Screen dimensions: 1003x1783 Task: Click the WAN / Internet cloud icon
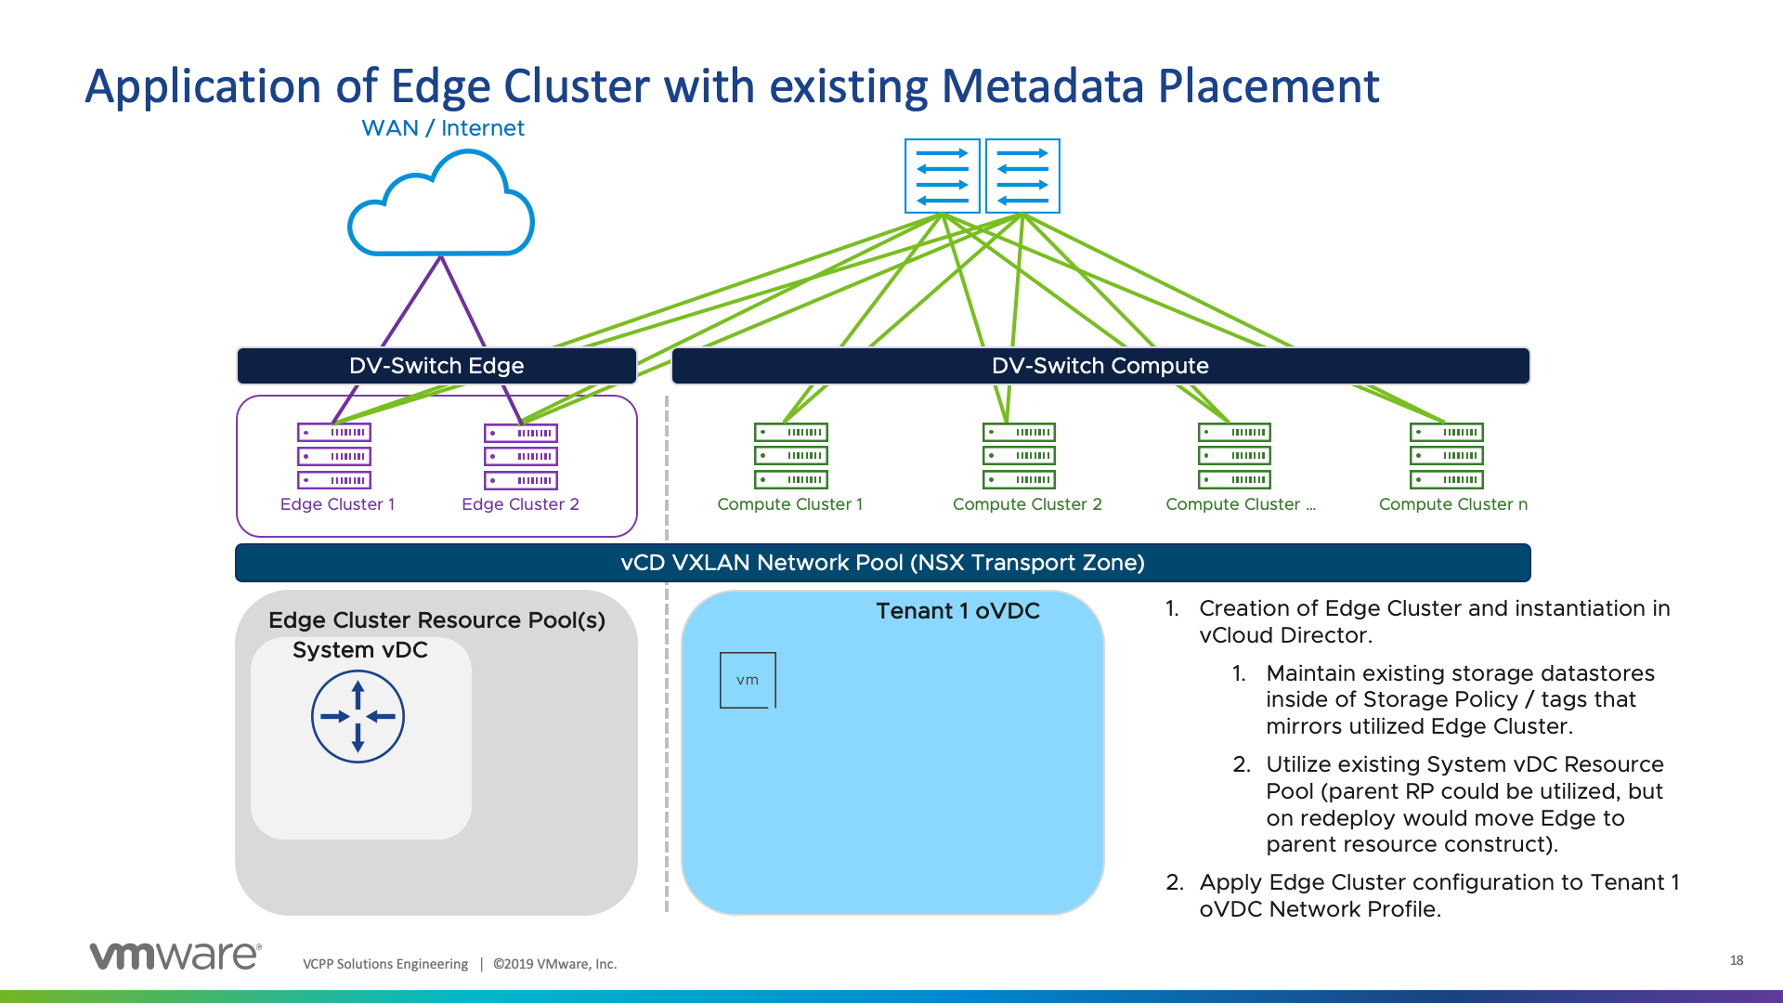point(441,206)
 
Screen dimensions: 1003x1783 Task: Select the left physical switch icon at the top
point(943,176)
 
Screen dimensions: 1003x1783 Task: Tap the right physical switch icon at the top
point(1022,176)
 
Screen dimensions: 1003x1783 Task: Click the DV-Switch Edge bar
point(436,366)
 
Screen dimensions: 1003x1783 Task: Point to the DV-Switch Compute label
point(1100,366)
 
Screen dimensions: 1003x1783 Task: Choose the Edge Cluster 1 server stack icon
point(334,456)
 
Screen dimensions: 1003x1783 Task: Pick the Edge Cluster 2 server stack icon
point(521,457)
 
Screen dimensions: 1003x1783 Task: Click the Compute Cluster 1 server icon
point(791,456)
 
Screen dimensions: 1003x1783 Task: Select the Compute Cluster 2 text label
point(1027,504)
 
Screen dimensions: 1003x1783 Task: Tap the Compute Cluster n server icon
point(1447,456)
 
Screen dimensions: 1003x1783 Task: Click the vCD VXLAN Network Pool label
point(882,563)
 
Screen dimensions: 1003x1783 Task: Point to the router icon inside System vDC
point(358,717)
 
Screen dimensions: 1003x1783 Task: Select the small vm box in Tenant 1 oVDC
point(748,680)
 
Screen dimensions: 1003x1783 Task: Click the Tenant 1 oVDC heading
point(957,611)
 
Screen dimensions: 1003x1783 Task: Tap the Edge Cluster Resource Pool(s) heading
point(436,620)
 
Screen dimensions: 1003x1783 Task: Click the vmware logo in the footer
point(176,957)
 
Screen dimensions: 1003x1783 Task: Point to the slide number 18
point(1737,960)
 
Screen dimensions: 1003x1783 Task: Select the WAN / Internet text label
point(443,128)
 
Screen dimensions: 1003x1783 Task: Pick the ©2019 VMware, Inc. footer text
point(554,964)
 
